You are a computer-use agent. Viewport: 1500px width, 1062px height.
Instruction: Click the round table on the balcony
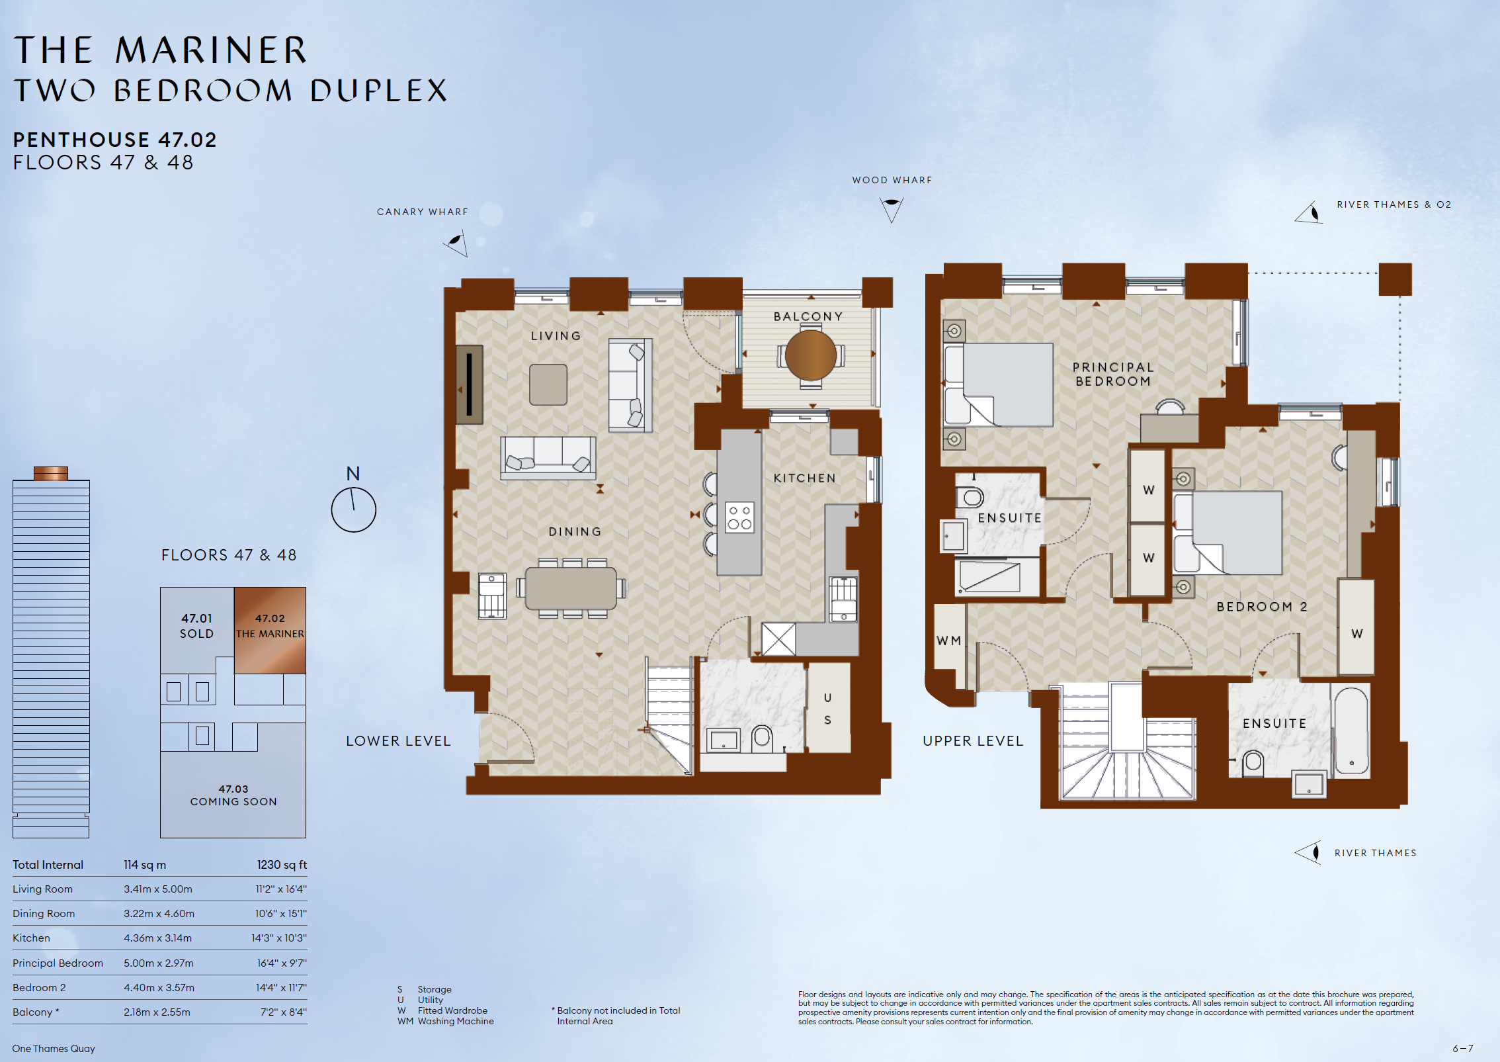(811, 355)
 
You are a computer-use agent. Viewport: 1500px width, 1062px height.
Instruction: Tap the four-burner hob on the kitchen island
(739, 517)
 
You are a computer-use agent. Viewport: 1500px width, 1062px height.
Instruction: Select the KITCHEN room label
(805, 478)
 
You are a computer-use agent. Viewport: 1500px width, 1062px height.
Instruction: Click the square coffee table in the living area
(548, 384)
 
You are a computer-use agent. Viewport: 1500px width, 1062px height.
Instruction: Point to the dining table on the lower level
(571, 588)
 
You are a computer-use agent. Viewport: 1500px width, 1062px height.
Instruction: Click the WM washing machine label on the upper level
(948, 641)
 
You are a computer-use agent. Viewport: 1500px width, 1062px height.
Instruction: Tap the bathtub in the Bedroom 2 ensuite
(1351, 730)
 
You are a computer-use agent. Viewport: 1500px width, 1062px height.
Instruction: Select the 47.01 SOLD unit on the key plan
(197, 626)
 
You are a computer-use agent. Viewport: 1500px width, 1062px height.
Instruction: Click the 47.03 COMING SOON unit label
(233, 795)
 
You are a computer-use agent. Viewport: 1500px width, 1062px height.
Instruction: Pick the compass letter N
(353, 474)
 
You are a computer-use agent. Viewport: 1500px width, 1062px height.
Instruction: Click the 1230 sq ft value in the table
(282, 865)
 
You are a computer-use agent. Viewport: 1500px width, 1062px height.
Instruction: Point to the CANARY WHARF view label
(423, 212)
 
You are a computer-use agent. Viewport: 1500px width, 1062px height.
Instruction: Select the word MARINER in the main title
(211, 50)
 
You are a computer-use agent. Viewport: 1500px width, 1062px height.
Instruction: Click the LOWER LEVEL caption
(398, 741)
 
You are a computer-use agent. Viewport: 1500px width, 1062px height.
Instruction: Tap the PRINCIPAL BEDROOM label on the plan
(1113, 374)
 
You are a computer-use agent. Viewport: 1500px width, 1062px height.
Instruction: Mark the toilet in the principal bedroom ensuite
(970, 496)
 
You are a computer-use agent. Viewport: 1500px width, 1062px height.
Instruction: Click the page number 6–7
(1463, 1049)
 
